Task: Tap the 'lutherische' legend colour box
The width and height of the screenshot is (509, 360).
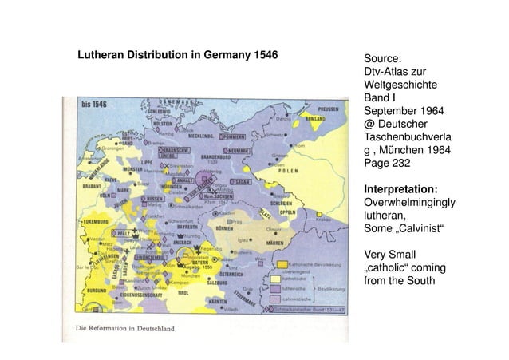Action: (x=274, y=289)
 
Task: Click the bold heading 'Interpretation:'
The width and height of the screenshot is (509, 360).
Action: (x=400, y=188)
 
